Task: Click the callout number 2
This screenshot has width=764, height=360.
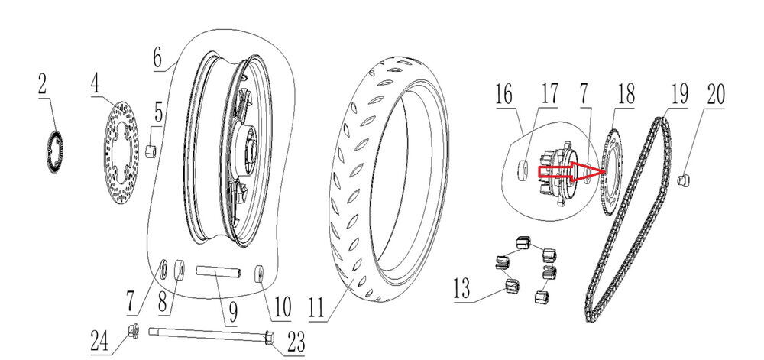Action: coord(43,85)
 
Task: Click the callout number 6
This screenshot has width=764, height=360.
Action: coord(157,57)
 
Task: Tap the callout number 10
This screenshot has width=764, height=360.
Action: coord(280,309)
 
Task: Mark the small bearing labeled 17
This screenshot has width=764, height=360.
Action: coord(522,167)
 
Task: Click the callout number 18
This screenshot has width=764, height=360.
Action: coord(626,96)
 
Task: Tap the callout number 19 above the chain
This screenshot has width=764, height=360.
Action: coord(678,96)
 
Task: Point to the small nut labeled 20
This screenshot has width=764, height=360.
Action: coord(685,180)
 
